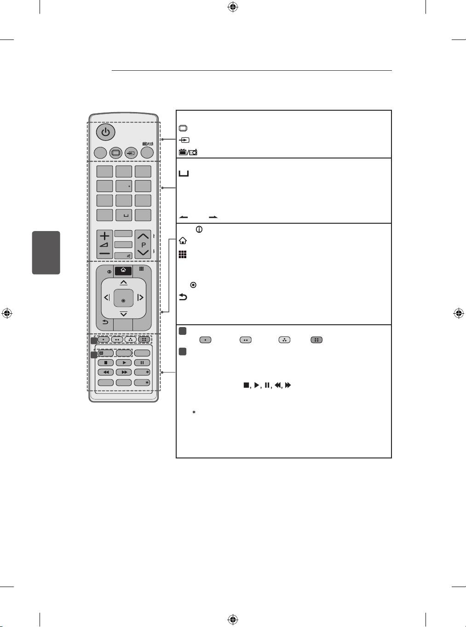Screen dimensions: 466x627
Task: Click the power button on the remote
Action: click(x=106, y=132)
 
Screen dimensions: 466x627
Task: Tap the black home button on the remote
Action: click(x=123, y=271)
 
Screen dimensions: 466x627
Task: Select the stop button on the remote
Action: click(x=106, y=363)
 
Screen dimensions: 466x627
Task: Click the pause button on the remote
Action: click(x=142, y=363)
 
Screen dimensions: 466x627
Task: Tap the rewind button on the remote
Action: click(x=106, y=373)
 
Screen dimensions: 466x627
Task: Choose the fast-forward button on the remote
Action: click(x=124, y=373)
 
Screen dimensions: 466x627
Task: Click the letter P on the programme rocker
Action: click(x=144, y=245)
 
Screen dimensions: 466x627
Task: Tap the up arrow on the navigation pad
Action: click(x=124, y=282)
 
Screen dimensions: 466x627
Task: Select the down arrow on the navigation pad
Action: click(x=124, y=314)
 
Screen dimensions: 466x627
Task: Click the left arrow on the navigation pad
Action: click(x=107, y=297)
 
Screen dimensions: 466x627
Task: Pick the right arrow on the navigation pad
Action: click(x=140, y=297)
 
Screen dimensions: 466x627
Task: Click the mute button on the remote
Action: click(x=123, y=255)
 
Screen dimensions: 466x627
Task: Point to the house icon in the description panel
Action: click(x=183, y=241)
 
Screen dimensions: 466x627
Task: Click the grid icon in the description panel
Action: click(x=183, y=254)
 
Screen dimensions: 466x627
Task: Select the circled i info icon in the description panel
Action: click(x=199, y=230)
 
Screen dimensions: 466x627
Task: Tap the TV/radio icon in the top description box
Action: click(x=188, y=153)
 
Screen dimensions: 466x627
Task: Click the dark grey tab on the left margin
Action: click(x=46, y=253)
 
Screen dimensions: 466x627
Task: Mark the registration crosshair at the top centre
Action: click(x=233, y=7)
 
